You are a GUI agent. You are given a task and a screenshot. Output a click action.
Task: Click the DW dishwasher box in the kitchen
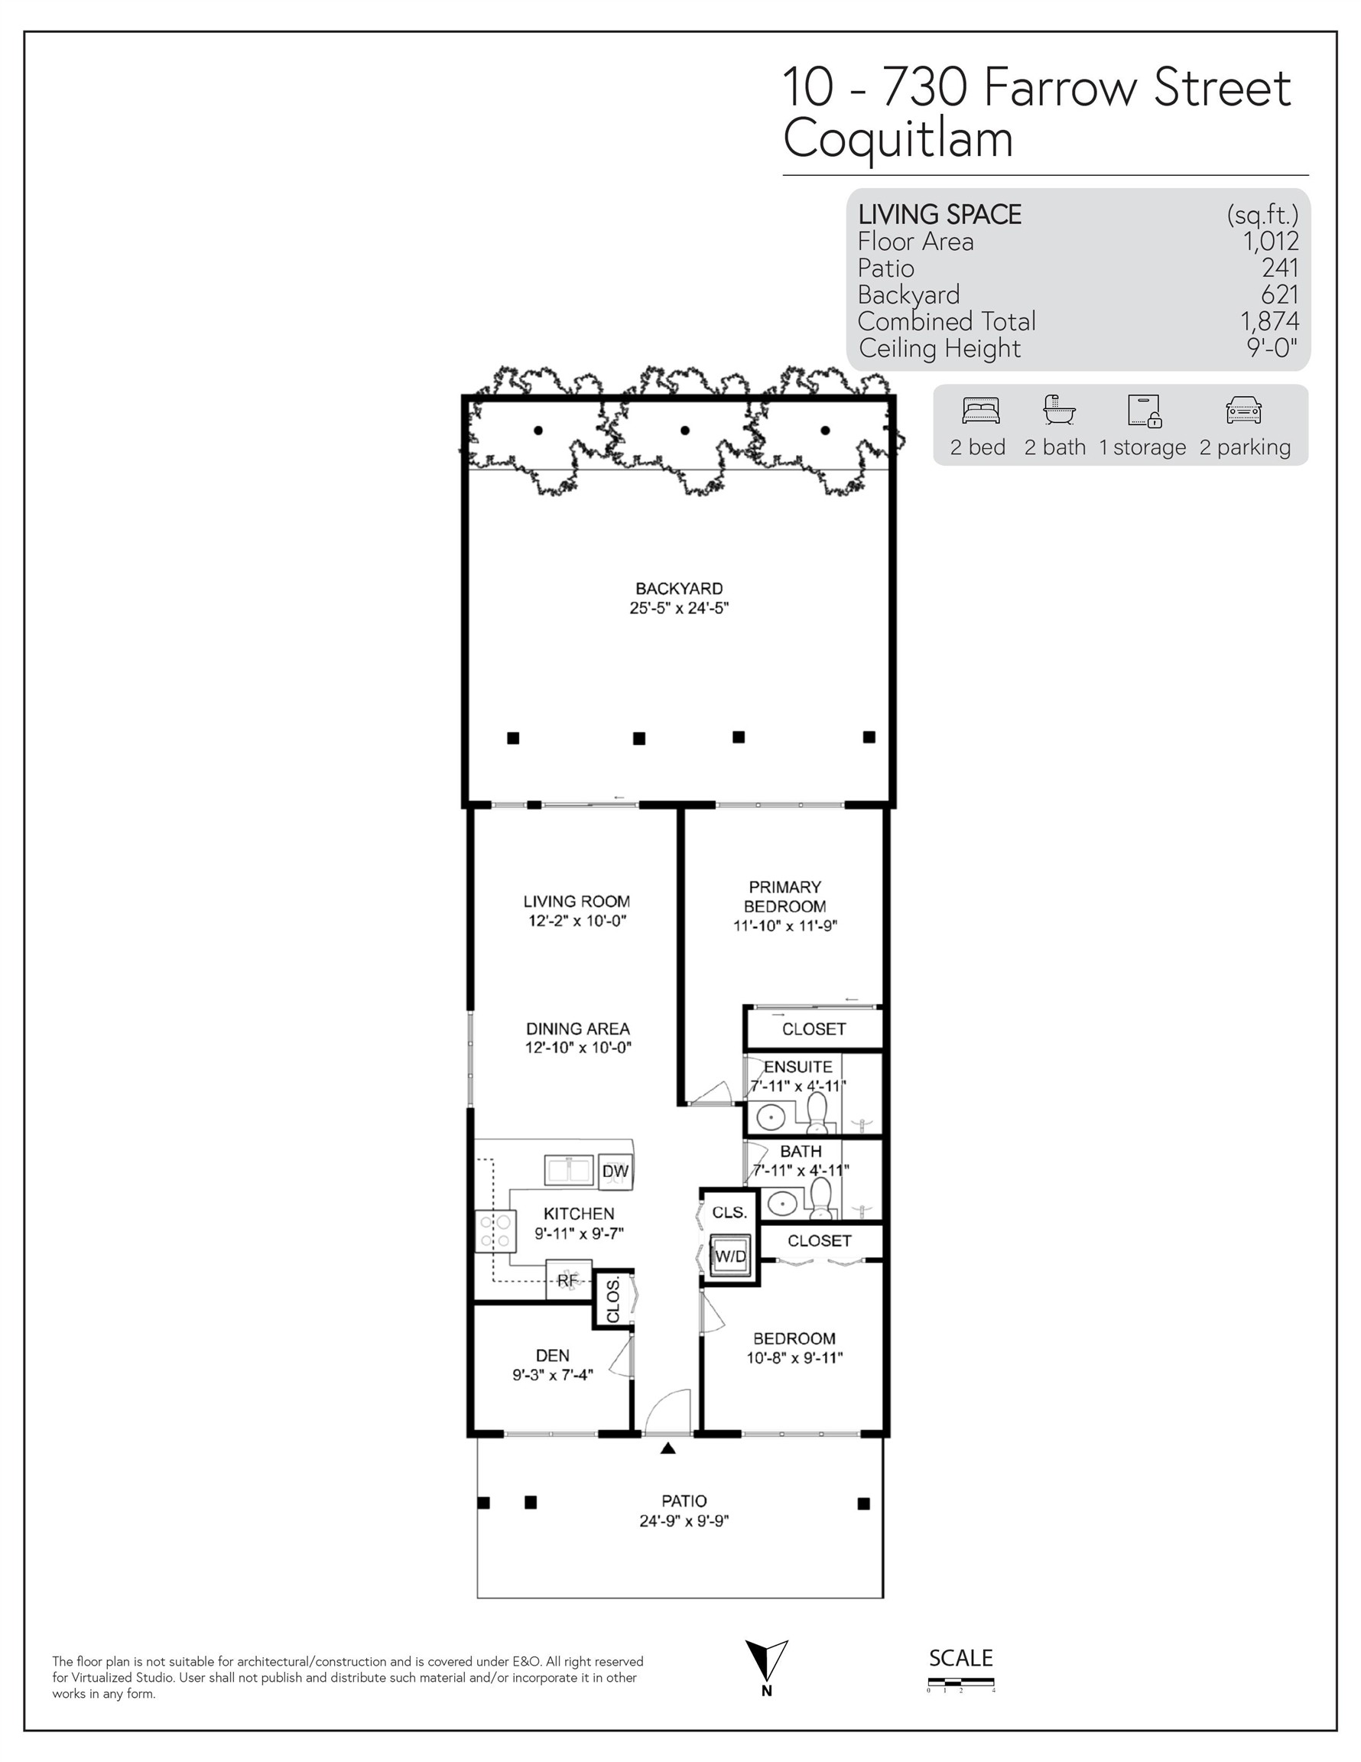[x=615, y=1171]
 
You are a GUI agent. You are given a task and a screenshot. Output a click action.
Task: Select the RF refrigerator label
[x=568, y=1279]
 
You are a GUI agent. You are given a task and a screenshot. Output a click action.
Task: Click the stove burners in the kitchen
[x=495, y=1231]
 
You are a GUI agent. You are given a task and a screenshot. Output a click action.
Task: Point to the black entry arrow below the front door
[x=668, y=1448]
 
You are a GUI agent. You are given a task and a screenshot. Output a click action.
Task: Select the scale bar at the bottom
[x=960, y=1682]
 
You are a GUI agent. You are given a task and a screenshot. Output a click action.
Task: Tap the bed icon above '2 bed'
[x=980, y=411]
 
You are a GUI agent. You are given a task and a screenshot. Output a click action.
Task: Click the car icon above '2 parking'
[x=1243, y=411]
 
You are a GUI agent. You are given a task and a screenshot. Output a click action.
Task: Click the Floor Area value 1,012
[x=1271, y=240]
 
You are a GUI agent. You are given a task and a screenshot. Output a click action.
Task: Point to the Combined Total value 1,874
[x=1270, y=321]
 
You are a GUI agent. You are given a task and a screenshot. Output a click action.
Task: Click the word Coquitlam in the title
[x=898, y=138]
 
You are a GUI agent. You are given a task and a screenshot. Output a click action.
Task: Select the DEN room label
[x=553, y=1355]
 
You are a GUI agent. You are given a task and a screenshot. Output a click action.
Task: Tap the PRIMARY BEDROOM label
[x=785, y=896]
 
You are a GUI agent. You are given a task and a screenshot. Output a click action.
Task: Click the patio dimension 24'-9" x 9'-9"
[x=684, y=1521]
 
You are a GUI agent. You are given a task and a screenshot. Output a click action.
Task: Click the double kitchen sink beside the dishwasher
[x=570, y=1170]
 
